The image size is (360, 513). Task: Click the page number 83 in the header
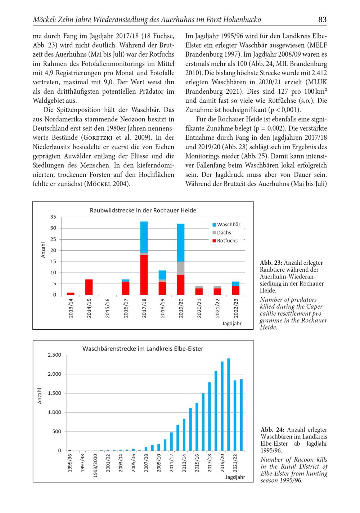(x=322, y=19)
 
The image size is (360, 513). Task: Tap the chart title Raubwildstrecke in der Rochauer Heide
(x=143, y=210)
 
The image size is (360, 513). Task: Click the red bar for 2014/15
(x=89, y=287)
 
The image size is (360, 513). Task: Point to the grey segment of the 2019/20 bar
(x=181, y=268)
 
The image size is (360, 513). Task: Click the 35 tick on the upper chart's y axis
(x=53, y=217)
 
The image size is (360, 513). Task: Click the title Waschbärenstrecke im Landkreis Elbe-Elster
(x=143, y=349)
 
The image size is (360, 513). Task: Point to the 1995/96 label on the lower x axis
(x=70, y=463)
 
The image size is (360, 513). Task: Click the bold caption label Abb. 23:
(x=271, y=263)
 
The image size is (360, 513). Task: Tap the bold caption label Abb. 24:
(x=272, y=430)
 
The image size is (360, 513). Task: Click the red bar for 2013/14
(x=71, y=294)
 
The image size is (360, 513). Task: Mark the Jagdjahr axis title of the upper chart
(x=232, y=324)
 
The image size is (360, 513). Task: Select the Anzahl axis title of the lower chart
(x=40, y=396)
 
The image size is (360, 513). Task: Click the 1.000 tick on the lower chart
(x=54, y=412)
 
